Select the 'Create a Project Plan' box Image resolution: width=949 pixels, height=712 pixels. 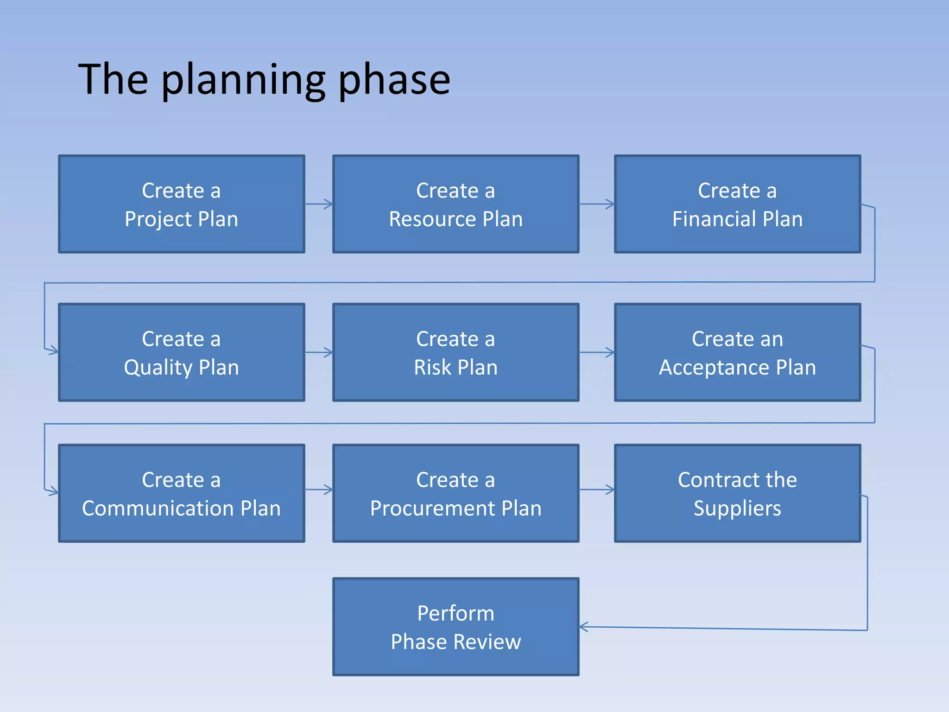coord(181,204)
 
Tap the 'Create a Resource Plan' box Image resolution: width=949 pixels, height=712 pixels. coord(456,204)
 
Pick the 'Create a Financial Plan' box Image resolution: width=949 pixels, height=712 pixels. coord(737,204)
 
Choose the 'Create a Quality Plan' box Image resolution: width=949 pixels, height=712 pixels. coord(181,352)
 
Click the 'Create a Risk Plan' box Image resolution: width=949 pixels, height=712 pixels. coord(456,352)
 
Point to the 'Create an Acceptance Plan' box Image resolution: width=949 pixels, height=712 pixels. coord(737,352)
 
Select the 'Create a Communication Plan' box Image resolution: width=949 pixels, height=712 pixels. coord(181,493)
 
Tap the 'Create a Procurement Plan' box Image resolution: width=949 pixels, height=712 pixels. coord(456,493)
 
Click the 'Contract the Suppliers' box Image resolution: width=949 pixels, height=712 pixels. coord(737,493)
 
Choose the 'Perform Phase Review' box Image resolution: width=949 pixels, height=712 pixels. coord(456,627)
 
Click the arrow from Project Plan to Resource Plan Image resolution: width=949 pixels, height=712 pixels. coord(319,204)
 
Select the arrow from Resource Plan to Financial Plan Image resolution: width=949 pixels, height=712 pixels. coord(597,204)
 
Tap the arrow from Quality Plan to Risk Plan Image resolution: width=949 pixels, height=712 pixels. coord(319,352)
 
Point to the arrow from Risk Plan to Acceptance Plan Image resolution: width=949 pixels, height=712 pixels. coord(597,352)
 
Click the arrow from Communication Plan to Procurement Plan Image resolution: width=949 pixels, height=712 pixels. coord(319,489)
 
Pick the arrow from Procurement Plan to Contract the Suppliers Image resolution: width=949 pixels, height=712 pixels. coord(597,489)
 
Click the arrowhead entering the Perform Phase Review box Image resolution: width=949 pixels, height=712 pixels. coord(584,627)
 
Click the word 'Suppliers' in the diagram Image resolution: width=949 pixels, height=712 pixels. coord(737,508)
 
